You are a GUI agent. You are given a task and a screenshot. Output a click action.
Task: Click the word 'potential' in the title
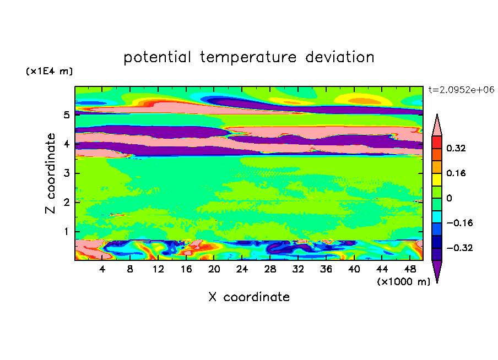click(x=157, y=58)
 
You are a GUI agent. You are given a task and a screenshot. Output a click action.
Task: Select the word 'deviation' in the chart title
click(x=340, y=57)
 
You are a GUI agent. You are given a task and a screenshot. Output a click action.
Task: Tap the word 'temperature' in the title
click(x=248, y=58)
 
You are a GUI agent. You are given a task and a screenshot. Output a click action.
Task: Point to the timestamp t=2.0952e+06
click(x=461, y=90)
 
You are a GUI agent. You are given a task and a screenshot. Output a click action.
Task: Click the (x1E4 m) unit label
click(x=49, y=71)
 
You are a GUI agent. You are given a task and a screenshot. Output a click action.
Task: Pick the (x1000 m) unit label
click(x=403, y=282)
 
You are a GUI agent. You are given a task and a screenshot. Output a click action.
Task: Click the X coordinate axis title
click(x=249, y=297)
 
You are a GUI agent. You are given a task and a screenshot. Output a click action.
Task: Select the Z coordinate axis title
click(x=51, y=173)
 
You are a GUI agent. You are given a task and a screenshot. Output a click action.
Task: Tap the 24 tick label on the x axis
click(x=242, y=270)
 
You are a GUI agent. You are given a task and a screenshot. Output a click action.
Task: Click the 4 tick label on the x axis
click(x=102, y=270)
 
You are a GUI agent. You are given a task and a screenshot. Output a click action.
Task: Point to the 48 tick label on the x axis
click(x=410, y=270)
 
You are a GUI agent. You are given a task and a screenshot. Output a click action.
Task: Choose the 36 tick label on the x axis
click(x=326, y=270)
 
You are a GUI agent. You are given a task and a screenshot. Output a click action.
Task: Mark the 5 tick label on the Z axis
click(x=66, y=114)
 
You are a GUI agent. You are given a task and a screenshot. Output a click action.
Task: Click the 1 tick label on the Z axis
click(x=66, y=231)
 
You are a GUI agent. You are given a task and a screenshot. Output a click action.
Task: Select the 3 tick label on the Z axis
click(x=66, y=173)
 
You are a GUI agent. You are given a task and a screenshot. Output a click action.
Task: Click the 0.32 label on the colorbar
click(x=456, y=148)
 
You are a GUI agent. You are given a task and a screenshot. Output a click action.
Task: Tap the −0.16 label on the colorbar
click(x=460, y=223)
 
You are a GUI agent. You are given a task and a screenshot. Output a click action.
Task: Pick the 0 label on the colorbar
click(x=449, y=198)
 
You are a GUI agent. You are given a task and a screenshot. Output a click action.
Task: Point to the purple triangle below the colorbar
click(x=437, y=270)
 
